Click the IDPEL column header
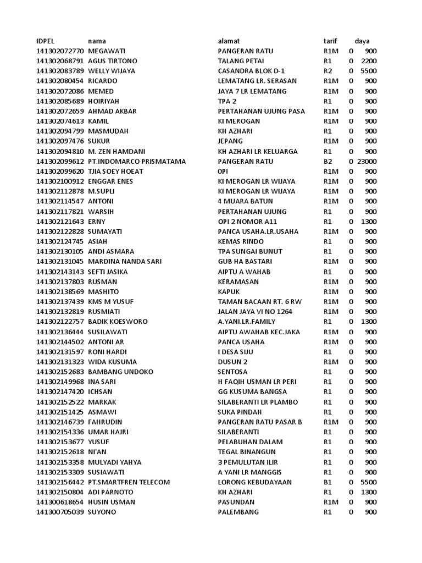click(x=46, y=41)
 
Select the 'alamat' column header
click(x=229, y=41)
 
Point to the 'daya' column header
click(x=362, y=41)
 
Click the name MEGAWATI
click(x=107, y=51)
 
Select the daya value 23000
click(x=367, y=162)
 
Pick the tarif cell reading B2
click(x=327, y=162)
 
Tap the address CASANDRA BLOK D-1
click(x=252, y=71)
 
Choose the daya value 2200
click(x=369, y=61)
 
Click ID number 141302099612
click(x=60, y=162)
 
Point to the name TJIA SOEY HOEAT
click(x=115, y=172)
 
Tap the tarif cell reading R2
click(x=327, y=71)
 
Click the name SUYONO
click(x=102, y=512)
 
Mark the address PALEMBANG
click(x=238, y=512)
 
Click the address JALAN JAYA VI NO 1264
click(x=255, y=312)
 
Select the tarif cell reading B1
click(x=327, y=482)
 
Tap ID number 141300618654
click(x=60, y=502)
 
